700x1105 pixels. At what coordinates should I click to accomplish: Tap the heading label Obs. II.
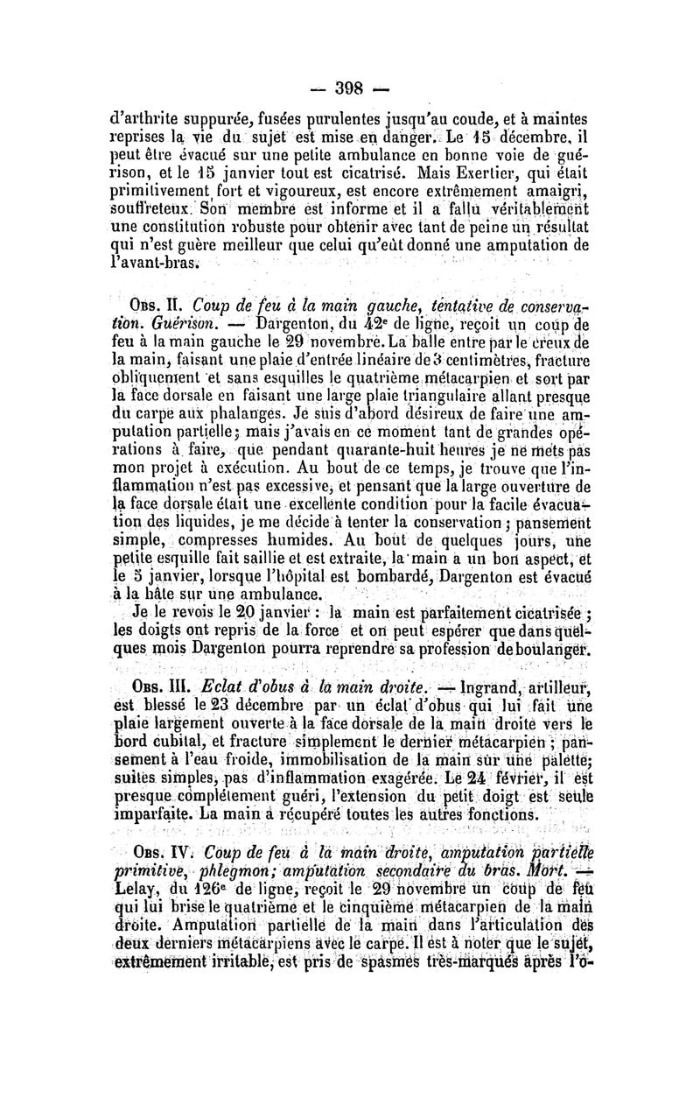tap(156, 304)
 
